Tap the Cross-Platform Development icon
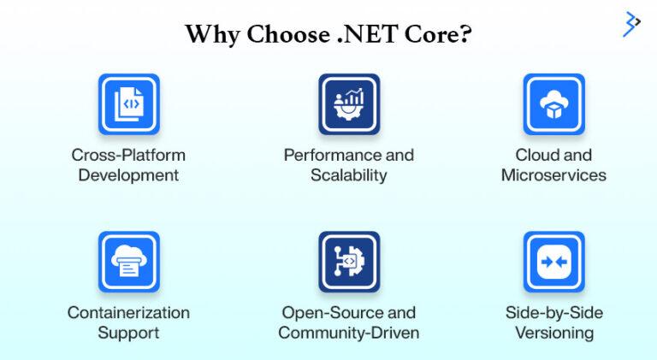coord(129,104)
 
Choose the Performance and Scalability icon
coord(348,104)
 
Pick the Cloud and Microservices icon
coord(553,104)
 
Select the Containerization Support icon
coord(129,262)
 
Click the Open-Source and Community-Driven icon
coord(348,262)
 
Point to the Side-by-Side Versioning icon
coord(553,262)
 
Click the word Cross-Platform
coord(128,156)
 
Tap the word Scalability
coord(348,175)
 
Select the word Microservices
coord(553,175)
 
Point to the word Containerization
coord(128,312)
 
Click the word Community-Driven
coord(348,333)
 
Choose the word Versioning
coord(553,333)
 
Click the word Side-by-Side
coord(553,312)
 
